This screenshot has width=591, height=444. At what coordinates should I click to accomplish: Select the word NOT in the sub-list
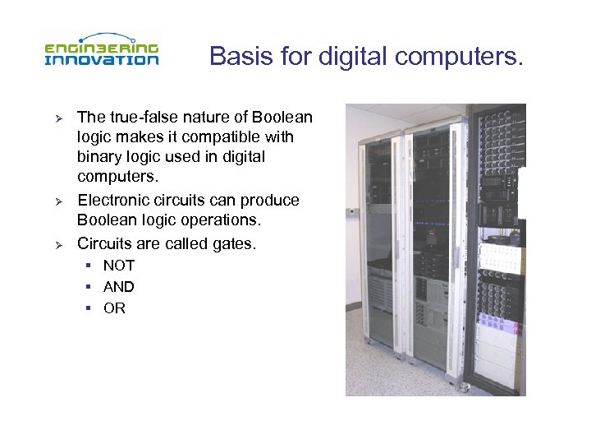(x=119, y=266)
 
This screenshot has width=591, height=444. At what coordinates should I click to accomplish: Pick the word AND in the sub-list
(x=119, y=287)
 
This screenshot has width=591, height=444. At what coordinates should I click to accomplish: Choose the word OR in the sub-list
(x=114, y=308)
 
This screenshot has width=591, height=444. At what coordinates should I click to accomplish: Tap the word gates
(x=233, y=243)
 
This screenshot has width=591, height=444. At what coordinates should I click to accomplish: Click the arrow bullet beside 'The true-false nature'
(x=58, y=118)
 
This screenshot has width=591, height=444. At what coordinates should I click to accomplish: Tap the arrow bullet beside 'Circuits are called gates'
(x=58, y=244)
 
